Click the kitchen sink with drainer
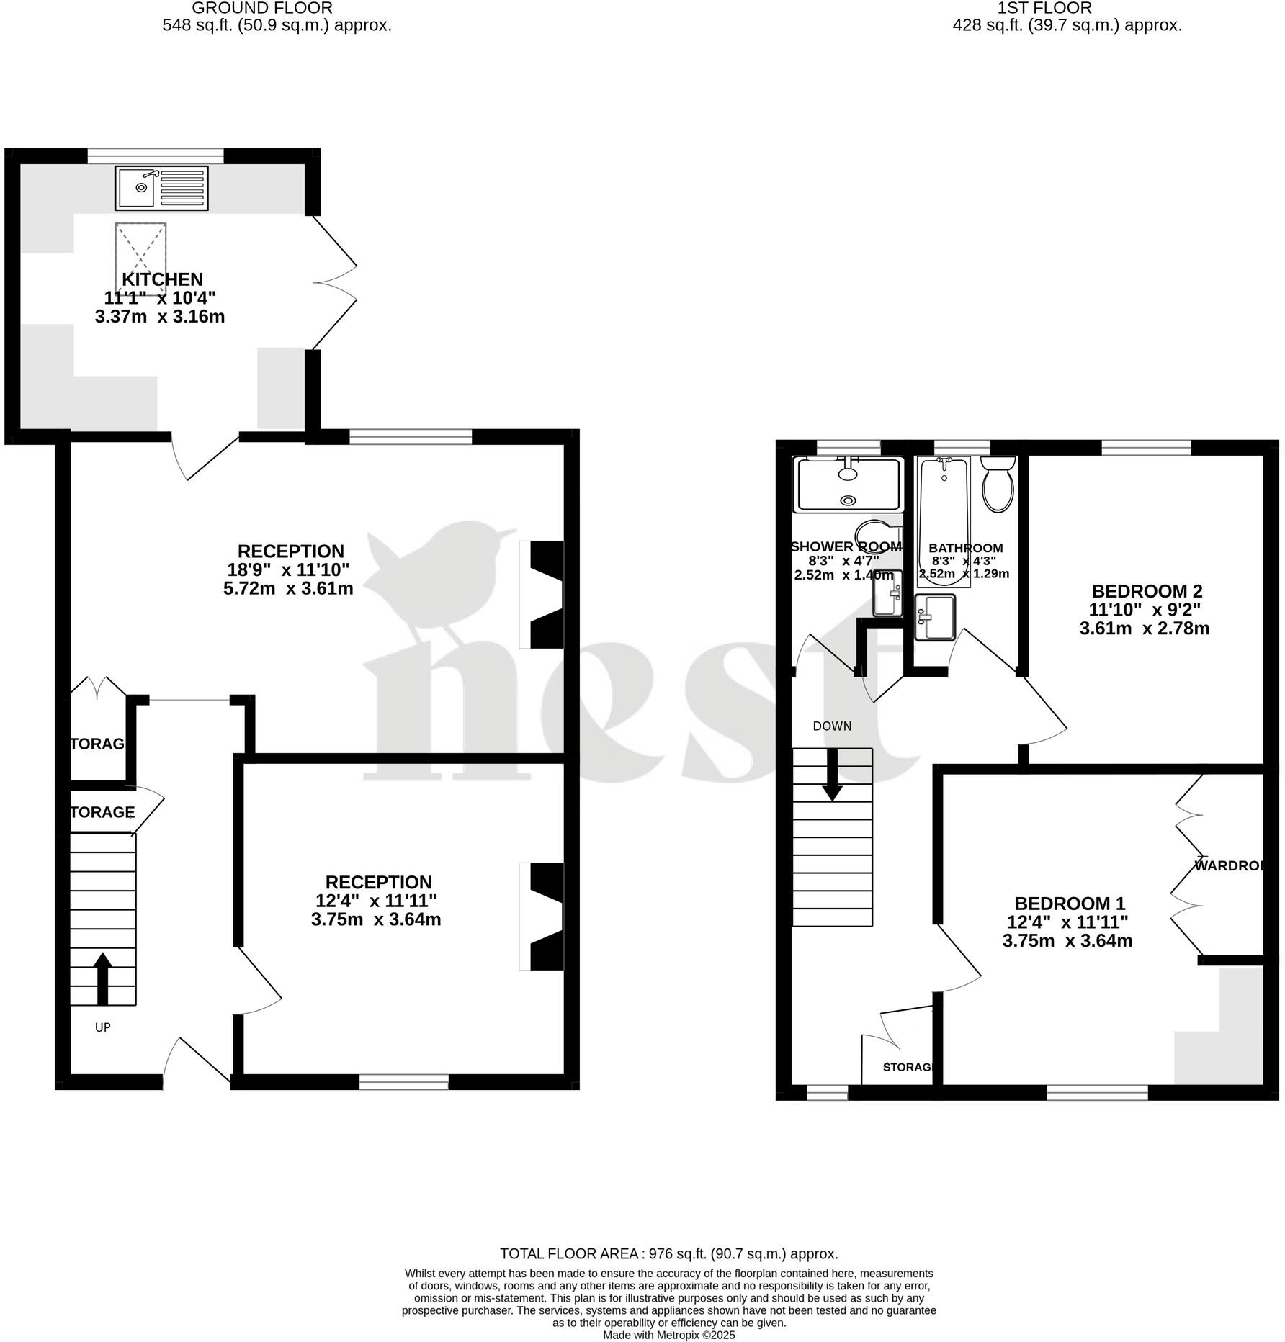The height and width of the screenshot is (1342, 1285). (x=161, y=188)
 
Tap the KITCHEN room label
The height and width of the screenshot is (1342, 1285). (x=162, y=279)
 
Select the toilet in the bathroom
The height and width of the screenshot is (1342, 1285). (x=998, y=485)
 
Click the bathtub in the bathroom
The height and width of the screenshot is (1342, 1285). (x=944, y=520)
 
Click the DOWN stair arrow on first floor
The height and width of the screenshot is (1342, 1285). (x=832, y=775)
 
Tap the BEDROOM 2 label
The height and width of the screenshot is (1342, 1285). (x=1147, y=591)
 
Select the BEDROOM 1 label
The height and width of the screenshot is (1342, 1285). (x=1069, y=904)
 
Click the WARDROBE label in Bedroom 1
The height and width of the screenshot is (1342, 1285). (x=1230, y=865)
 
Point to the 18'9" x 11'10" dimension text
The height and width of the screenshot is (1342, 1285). (x=288, y=569)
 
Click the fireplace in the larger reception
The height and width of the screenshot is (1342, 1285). (x=545, y=595)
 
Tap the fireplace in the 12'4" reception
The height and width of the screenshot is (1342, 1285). (x=545, y=916)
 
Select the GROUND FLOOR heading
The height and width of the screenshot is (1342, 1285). (x=262, y=8)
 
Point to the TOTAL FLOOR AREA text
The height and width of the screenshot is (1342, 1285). (x=668, y=1253)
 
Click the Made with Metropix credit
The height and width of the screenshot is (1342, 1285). (x=668, y=1335)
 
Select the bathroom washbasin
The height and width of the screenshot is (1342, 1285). (x=934, y=616)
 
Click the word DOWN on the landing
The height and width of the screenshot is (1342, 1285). (x=832, y=726)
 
